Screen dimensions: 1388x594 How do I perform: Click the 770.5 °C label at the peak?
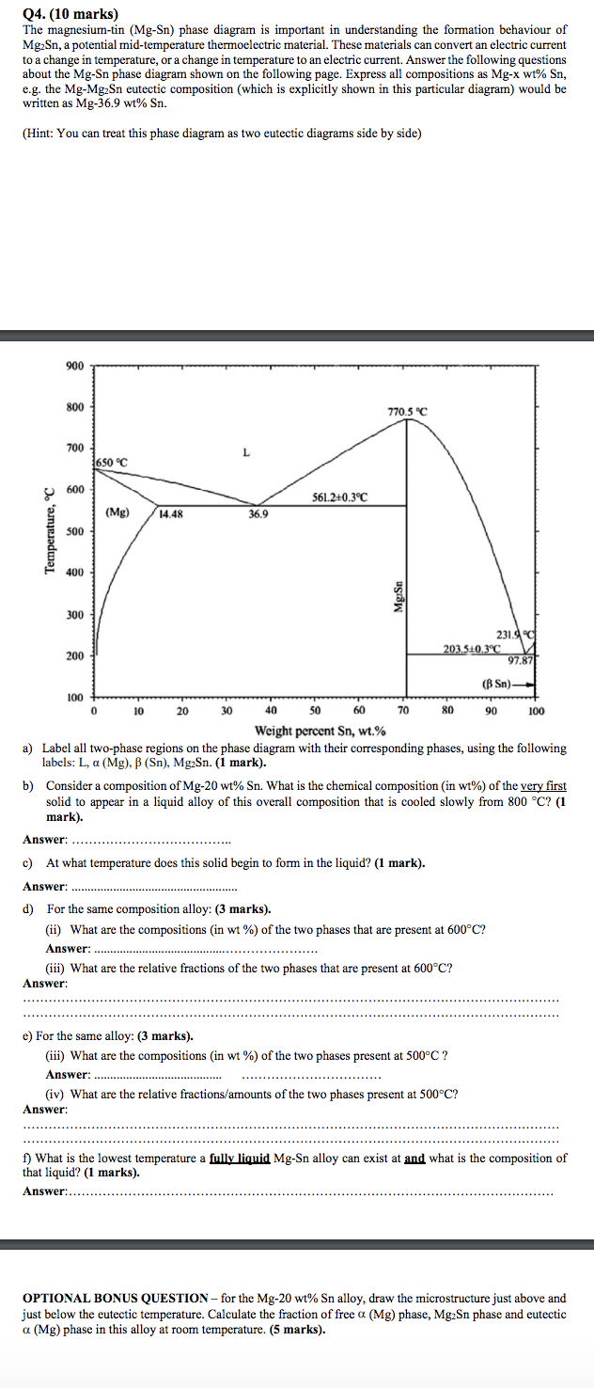407,412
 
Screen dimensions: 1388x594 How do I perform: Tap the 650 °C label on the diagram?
110,463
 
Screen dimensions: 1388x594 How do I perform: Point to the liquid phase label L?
246,452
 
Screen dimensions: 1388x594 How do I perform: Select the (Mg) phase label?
117,513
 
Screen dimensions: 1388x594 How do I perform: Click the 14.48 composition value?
171,514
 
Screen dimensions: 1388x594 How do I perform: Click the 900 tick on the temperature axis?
75,366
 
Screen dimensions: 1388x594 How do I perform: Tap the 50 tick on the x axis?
315,711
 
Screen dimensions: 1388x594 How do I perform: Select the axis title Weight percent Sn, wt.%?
320,731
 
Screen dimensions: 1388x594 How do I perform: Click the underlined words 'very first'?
543,785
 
